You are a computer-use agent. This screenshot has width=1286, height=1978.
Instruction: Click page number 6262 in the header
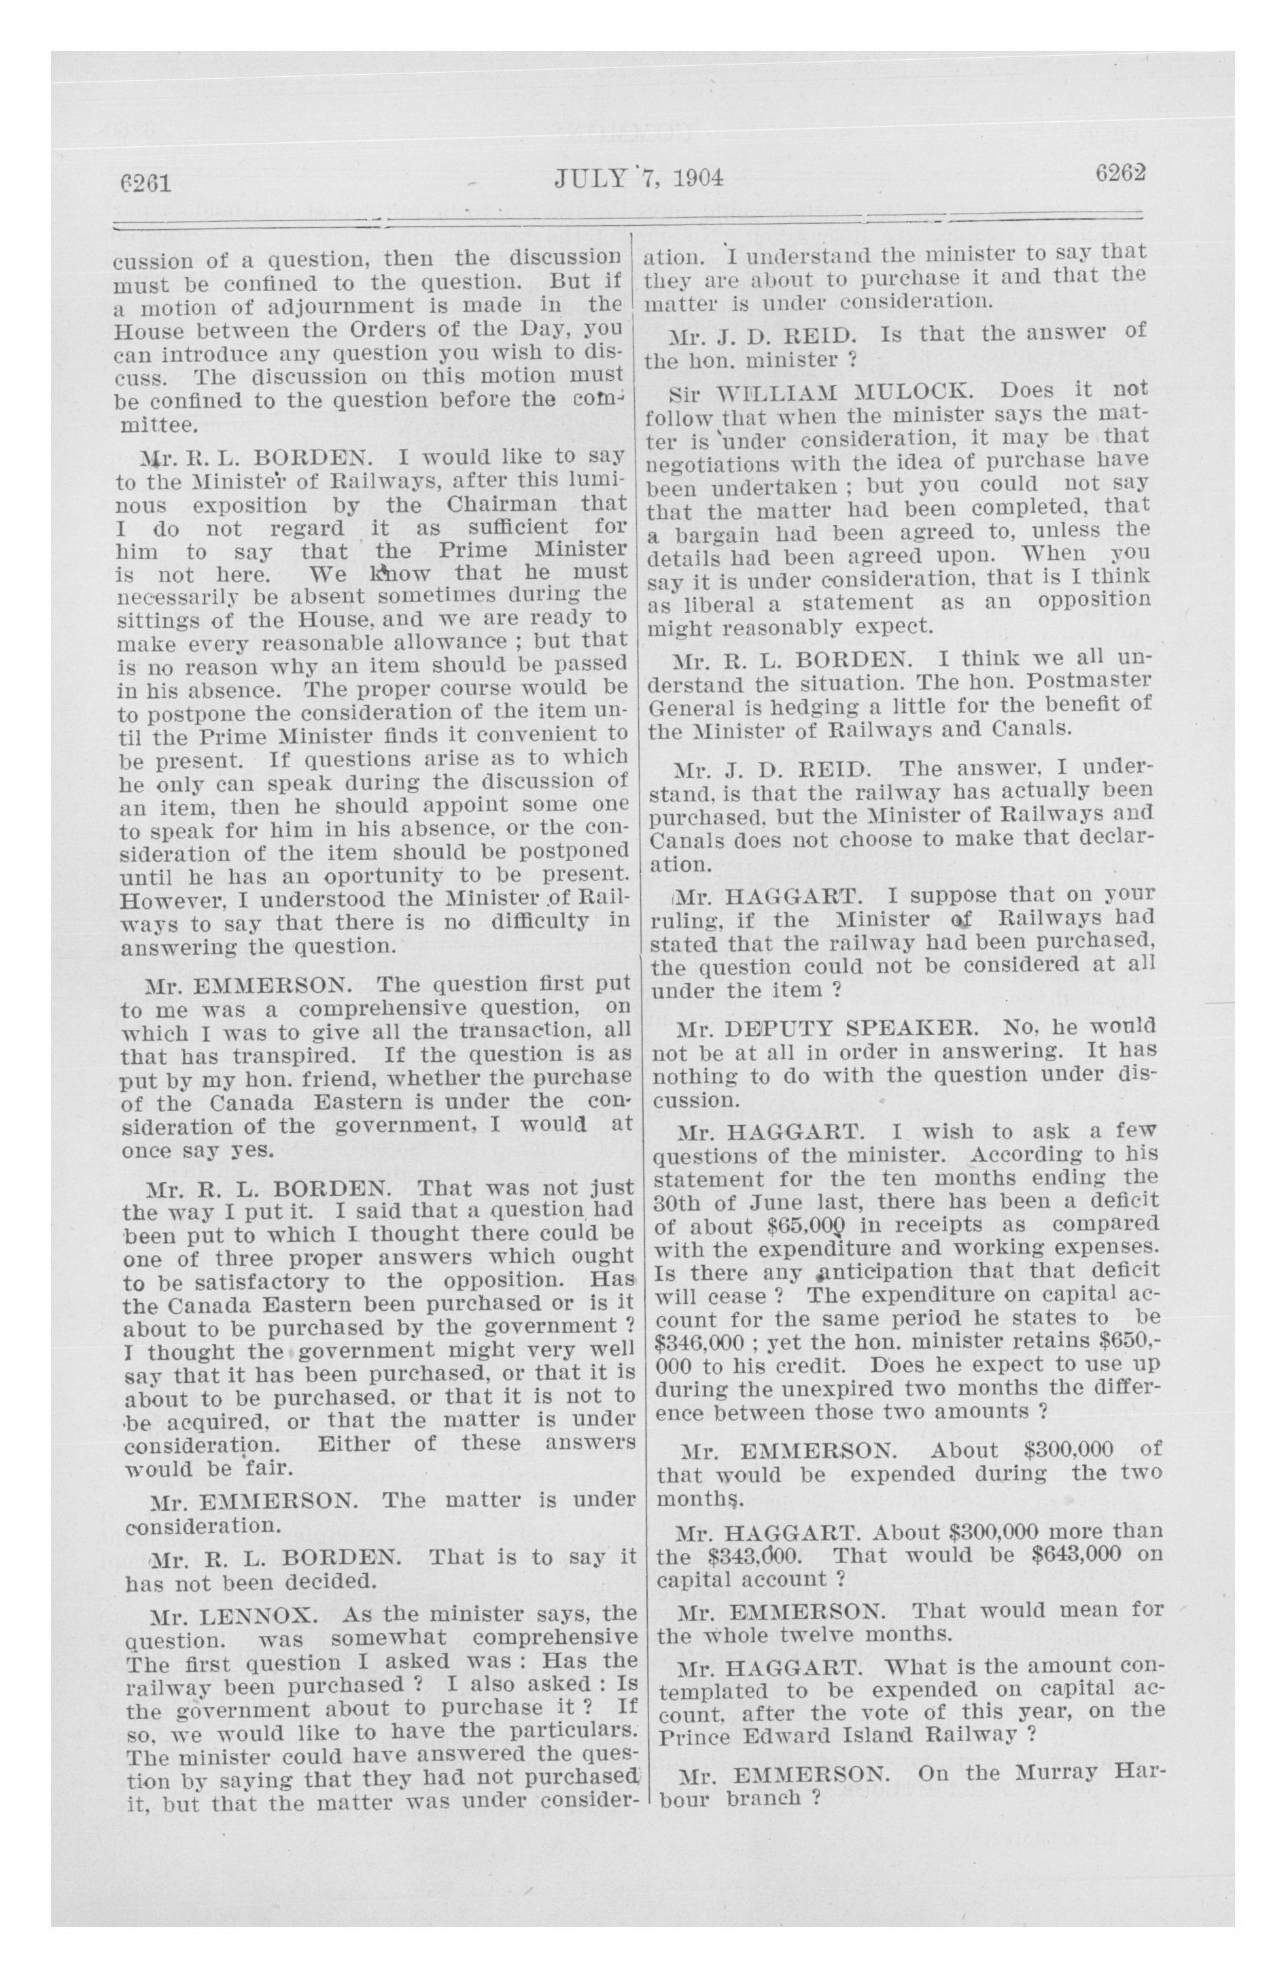[1120, 173]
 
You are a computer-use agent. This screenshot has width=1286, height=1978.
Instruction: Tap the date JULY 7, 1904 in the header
[638, 178]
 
